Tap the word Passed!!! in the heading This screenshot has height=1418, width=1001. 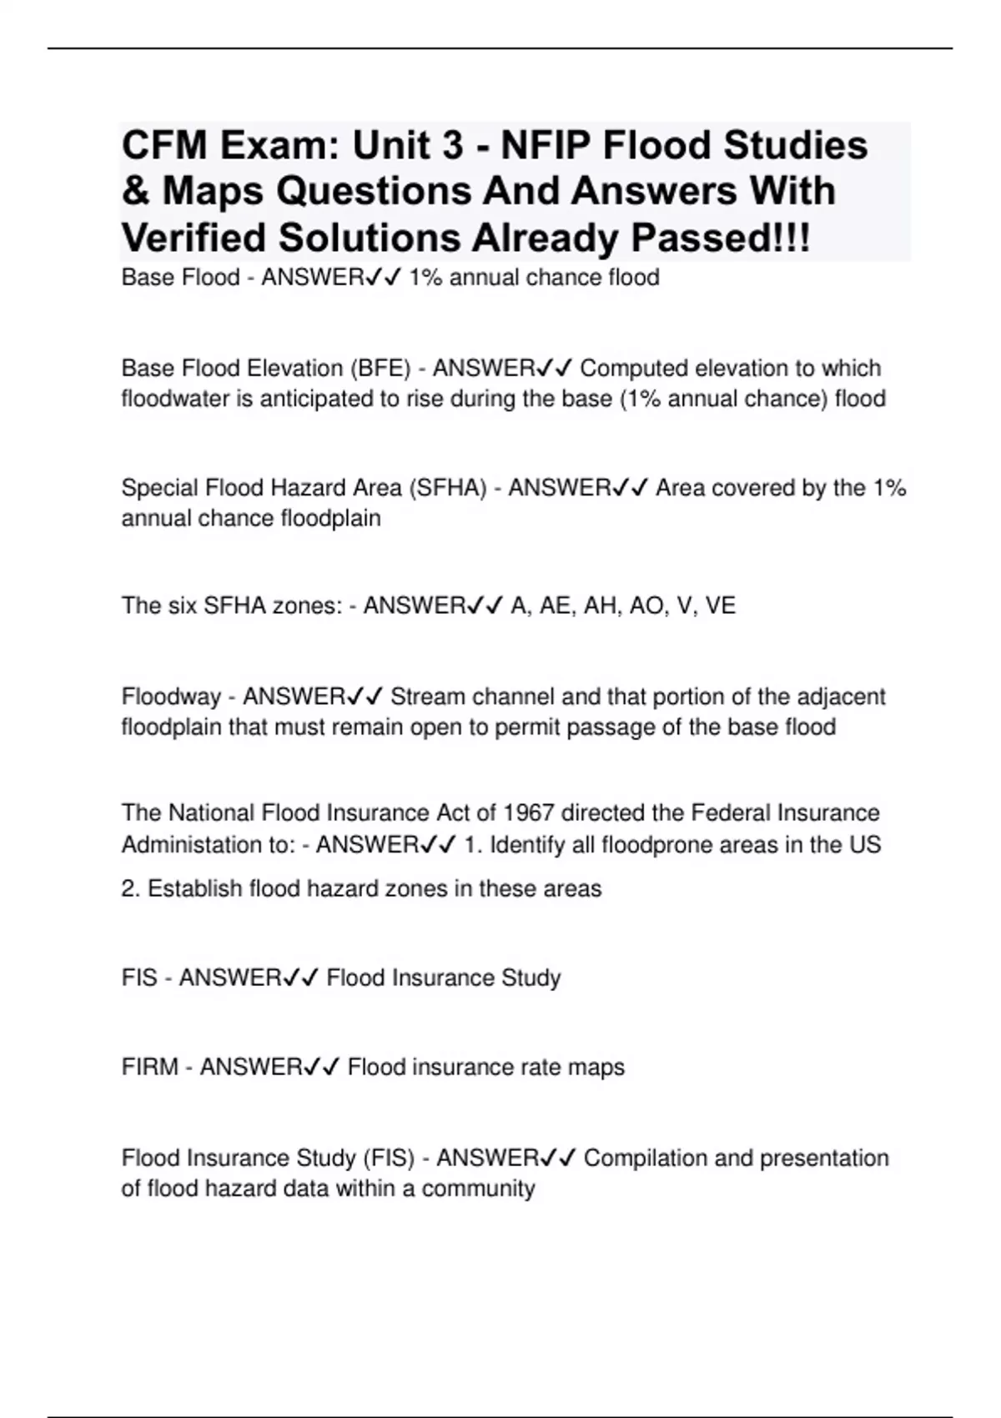pyautogui.click(x=720, y=239)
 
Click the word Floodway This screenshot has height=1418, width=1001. pyautogui.click(x=171, y=696)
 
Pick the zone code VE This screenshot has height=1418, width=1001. pyautogui.click(x=720, y=606)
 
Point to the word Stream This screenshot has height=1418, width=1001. pyautogui.click(x=428, y=696)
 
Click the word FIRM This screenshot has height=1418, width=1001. pyautogui.click(x=150, y=1067)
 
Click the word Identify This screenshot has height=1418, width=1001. pyautogui.click(x=527, y=845)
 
